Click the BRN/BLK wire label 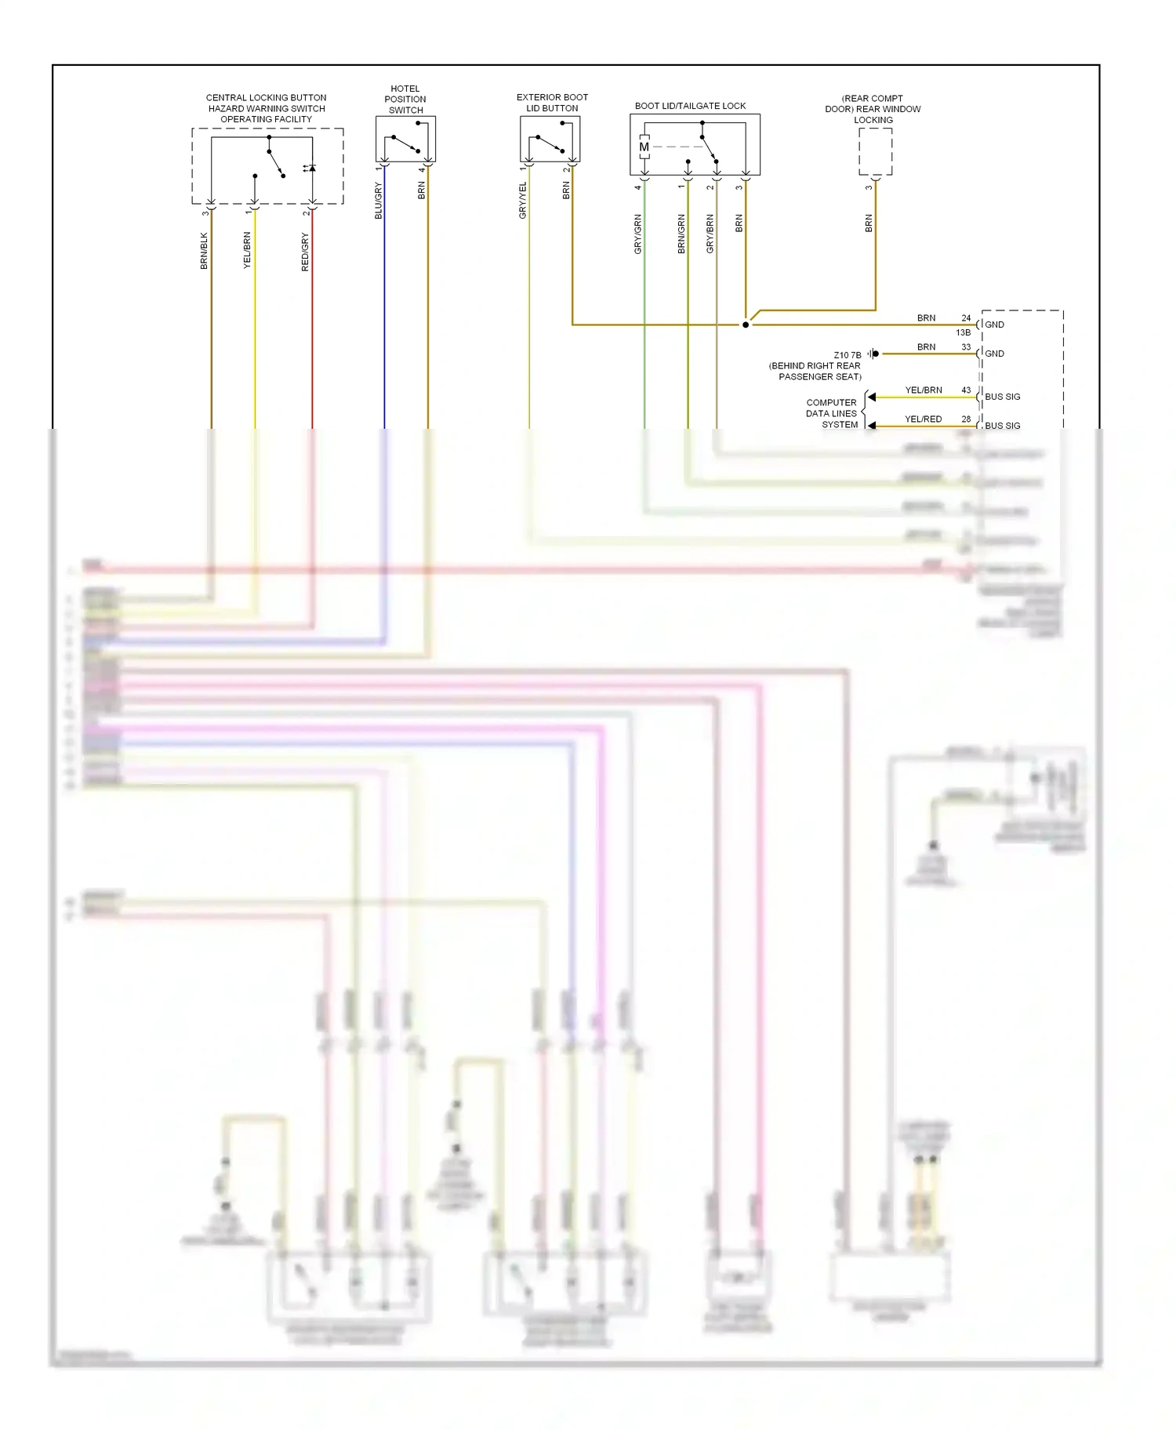pos(204,251)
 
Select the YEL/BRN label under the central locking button pos(247,251)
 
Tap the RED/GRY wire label pos(305,252)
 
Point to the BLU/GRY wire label pos(378,201)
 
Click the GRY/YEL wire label pos(523,201)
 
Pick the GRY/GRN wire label pos(637,234)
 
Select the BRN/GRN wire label pos(681,234)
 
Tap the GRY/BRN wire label pos(710,234)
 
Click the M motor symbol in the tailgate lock pos(644,147)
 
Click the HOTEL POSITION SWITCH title pos(405,100)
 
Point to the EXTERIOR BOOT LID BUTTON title pos(552,103)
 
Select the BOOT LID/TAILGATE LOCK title pos(690,106)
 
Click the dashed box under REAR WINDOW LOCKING pos(875,151)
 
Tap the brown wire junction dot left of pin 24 pos(746,325)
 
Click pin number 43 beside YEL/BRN pos(966,390)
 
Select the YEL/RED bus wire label pos(923,419)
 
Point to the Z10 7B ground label pos(847,355)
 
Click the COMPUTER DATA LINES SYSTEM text pos(832,413)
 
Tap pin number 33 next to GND pos(966,346)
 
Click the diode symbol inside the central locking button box pos(311,168)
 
